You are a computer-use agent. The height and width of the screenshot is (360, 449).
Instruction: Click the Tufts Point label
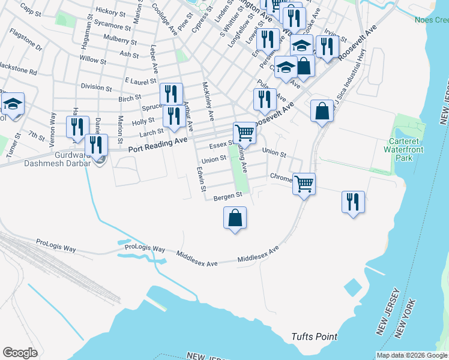point(314,337)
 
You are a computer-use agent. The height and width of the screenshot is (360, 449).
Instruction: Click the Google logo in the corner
point(20,353)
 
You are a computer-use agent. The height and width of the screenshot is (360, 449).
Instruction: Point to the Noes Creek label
point(432,20)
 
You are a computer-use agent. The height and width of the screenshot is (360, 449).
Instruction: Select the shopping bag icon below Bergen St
point(235,218)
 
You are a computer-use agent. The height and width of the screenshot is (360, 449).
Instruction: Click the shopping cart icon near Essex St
point(244,133)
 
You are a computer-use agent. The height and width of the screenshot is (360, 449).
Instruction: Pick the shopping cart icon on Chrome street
point(304,183)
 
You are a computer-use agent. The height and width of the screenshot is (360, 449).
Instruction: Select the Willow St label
point(92,61)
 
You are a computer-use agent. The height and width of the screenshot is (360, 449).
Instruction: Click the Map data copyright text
point(411,355)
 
